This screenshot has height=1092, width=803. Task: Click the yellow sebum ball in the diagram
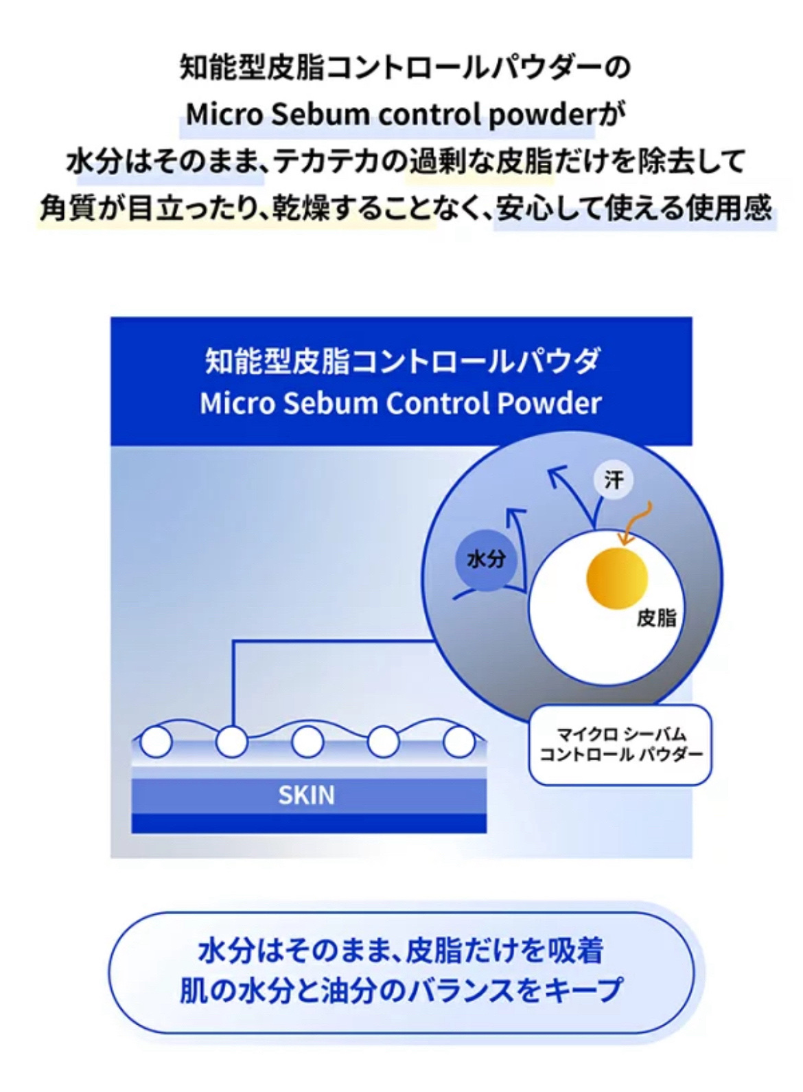(x=617, y=578)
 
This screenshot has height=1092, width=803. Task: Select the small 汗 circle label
(x=613, y=479)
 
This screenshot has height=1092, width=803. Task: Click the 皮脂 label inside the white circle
(x=656, y=618)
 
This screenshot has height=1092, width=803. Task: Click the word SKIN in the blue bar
(x=307, y=795)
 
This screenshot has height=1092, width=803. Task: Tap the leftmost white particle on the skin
(x=156, y=742)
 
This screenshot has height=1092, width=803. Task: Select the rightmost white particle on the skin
(x=458, y=742)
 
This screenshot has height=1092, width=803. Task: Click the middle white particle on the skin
(x=307, y=742)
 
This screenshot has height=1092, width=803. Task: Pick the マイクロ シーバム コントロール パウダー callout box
(x=620, y=744)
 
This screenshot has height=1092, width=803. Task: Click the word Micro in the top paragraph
(x=224, y=115)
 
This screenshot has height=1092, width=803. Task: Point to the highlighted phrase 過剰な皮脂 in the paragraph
(x=480, y=162)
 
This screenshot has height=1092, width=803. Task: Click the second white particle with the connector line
(x=231, y=742)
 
